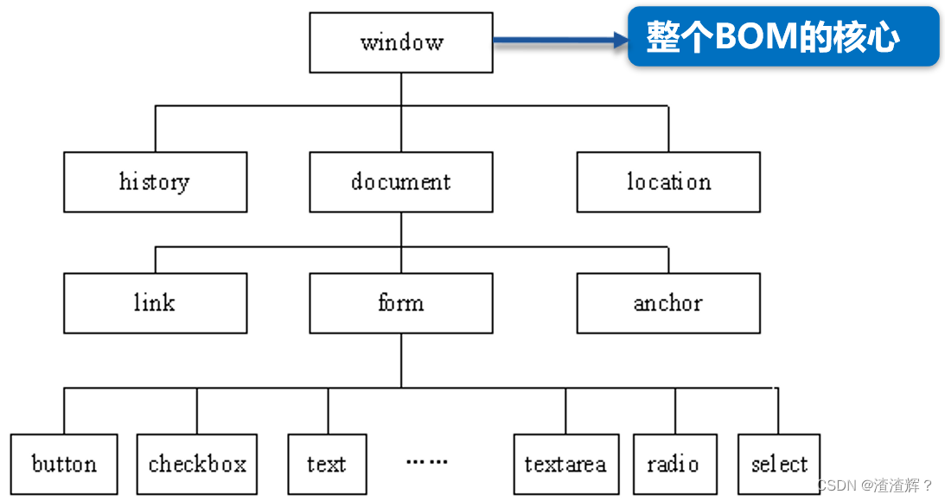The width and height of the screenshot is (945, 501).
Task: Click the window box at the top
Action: point(401,42)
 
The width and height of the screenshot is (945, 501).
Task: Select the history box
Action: point(155,182)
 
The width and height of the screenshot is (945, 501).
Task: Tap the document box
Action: point(401,182)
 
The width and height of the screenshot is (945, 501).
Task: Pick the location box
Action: point(668,182)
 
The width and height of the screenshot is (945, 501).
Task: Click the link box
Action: point(155,303)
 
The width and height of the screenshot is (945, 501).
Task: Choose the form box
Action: point(401,303)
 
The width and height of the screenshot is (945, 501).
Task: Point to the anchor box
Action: point(668,303)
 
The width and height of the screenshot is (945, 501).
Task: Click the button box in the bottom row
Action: point(64,464)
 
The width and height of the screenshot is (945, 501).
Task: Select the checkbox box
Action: point(197,464)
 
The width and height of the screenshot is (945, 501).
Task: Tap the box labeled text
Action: point(327,464)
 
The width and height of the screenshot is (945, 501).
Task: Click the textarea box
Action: point(565,464)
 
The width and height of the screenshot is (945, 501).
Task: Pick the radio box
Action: point(674,464)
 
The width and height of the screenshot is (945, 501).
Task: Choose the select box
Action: point(779,464)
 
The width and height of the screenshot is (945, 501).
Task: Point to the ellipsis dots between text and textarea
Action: point(427,462)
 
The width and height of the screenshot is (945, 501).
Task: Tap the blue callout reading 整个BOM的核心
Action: point(783,37)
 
